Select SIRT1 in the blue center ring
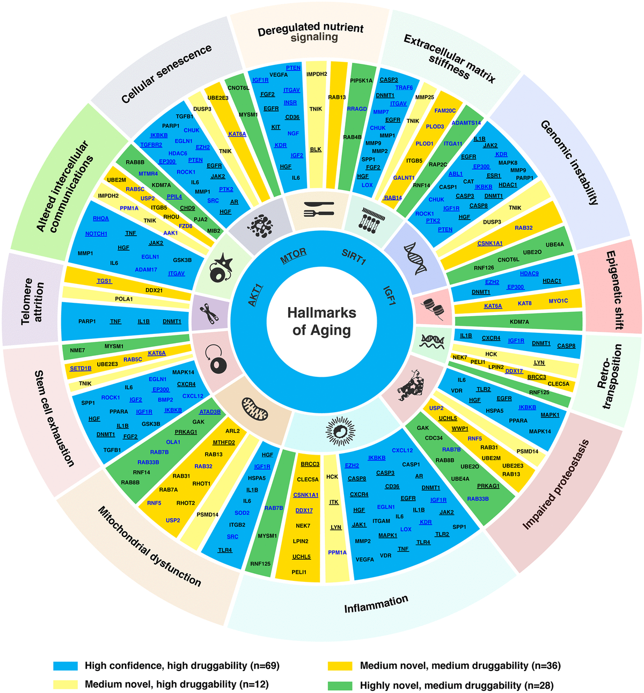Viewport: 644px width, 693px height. (354, 258)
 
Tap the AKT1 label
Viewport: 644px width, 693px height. (255, 296)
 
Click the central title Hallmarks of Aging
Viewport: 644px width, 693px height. (321, 321)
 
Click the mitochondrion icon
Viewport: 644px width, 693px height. (255, 409)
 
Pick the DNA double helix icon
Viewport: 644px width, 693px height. (415, 258)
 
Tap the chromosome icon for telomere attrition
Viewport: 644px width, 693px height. (209, 312)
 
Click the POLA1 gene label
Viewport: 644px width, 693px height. (124, 299)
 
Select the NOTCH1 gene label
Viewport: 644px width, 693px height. (96, 234)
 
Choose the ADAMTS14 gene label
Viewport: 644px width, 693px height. (466, 123)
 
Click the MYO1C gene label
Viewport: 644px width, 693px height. (558, 301)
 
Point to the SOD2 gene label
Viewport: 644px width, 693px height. (242, 513)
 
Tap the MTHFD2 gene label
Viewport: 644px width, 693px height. (224, 442)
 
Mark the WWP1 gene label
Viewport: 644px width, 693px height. (460, 428)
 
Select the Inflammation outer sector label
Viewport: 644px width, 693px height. (376, 604)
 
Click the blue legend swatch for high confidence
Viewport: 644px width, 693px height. (65, 666)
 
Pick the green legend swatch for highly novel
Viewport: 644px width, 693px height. (340, 685)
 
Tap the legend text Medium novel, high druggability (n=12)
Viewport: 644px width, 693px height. (177, 684)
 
